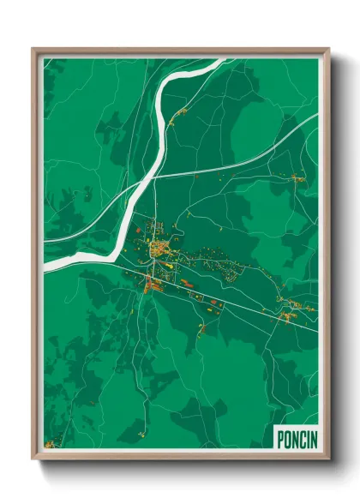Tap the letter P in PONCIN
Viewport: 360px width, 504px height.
point(279,438)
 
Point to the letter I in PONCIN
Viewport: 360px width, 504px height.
point(304,438)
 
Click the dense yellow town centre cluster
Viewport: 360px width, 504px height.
point(160,249)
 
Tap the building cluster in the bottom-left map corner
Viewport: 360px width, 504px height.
point(51,444)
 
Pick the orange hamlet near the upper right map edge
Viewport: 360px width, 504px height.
point(298,178)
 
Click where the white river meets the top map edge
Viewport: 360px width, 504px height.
point(209,61)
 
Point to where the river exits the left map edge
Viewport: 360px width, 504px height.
point(46,267)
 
